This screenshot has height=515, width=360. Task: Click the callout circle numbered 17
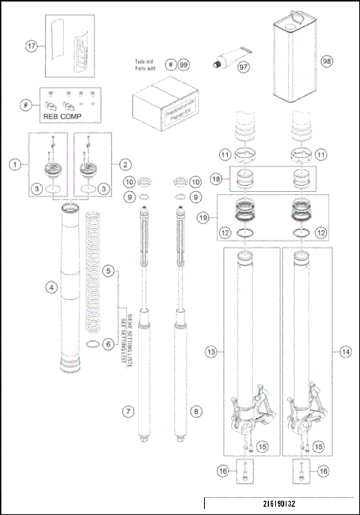pyautogui.click(x=31, y=46)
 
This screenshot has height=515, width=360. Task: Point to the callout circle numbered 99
pyautogui.click(x=182, y=64)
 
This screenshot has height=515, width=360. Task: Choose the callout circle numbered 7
pyautogui.click(x=129, y=412)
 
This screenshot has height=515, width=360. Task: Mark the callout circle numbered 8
pyautogui.click(x=196, y=412)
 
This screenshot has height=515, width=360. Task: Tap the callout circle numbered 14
pyautogui.click(x=346, y=350)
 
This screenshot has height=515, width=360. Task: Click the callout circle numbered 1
pyautogui.click(x=14, y=163)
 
